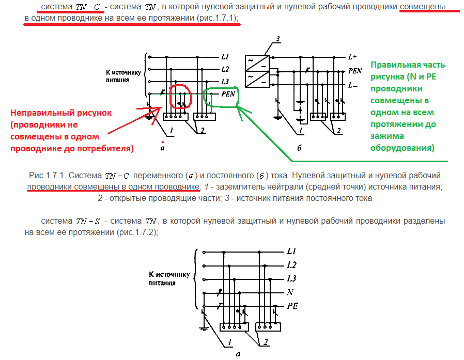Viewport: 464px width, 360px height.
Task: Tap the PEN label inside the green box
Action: coord(228,94)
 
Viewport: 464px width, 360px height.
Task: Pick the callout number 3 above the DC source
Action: coord(277,39)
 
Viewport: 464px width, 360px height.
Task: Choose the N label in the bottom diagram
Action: coord(290,292)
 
